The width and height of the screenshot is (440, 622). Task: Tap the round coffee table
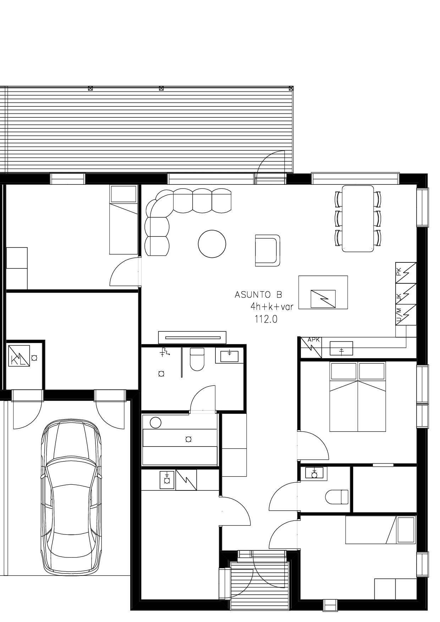[x=212, y=244]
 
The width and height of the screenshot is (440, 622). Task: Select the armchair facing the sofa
[x=268, y=250]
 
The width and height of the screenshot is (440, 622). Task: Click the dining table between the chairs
[x=358, y=218]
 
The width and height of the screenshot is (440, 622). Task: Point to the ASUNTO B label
[x=258, y=295]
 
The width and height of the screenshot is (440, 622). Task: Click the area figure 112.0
[x=266, y=320]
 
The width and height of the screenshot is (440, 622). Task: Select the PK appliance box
[x=406, y=273]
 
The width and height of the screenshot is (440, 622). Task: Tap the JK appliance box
[x=406, y=294]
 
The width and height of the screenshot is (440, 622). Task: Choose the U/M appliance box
[x=406, y=315]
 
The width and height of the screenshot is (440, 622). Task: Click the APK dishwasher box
[x=311, y=347]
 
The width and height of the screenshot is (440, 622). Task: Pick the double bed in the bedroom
[x=358, y=396]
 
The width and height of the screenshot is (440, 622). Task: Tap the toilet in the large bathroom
[x=197, y=359]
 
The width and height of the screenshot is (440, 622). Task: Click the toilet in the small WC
[x=337, y=496]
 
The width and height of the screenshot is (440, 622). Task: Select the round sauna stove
[x=155, y=422]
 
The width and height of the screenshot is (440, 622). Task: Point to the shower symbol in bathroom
[x=165, y=352]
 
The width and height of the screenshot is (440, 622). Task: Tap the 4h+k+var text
[x=272, y=306]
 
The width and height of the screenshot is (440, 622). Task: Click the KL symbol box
[x=19, y=356]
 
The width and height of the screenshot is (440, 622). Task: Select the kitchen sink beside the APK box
[x=341, y=348]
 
